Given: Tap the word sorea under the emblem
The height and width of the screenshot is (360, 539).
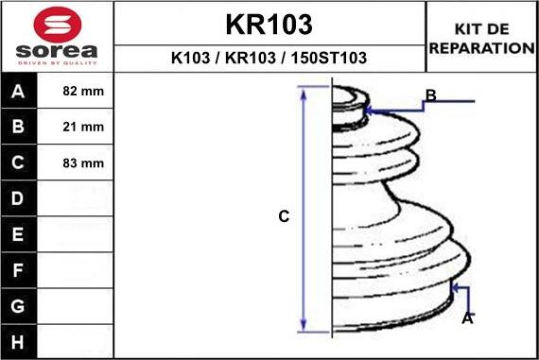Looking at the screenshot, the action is pos(57,51).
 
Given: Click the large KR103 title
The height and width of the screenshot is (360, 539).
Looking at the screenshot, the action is pos(269,25).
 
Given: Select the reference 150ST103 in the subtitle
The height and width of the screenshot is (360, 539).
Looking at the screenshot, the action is pos(329,58).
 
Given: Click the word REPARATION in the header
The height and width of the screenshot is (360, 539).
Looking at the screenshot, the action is pos(481,48).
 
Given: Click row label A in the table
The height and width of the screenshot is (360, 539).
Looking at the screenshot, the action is pos(18,92).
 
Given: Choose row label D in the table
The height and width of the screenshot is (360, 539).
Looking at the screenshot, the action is pos(18,198).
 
